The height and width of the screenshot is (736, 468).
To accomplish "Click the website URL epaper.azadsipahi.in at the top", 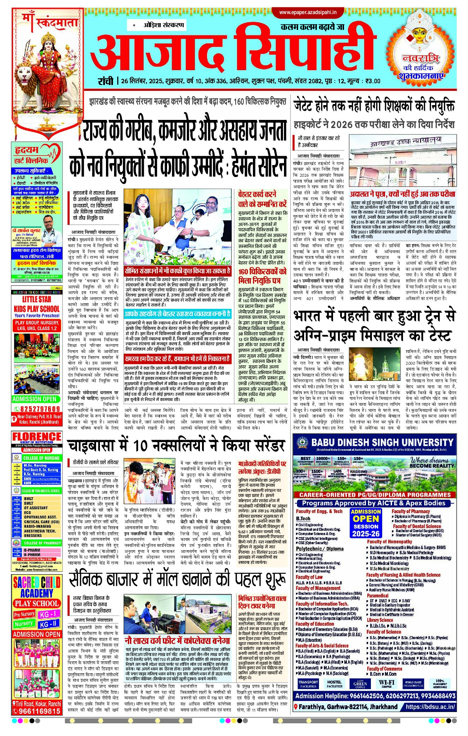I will tap(308, 13).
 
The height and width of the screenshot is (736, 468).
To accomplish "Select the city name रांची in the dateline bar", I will tap(105, 81).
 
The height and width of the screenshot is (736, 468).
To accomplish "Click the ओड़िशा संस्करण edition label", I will tap(164, 25).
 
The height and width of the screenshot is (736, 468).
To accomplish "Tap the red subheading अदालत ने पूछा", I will tap(402, 194).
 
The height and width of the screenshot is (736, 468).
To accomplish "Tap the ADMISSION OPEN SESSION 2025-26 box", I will tap(366, 523).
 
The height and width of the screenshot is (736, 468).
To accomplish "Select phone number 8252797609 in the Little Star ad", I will tap(37, 409).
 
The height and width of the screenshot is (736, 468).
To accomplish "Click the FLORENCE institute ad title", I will tap(37, 437).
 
